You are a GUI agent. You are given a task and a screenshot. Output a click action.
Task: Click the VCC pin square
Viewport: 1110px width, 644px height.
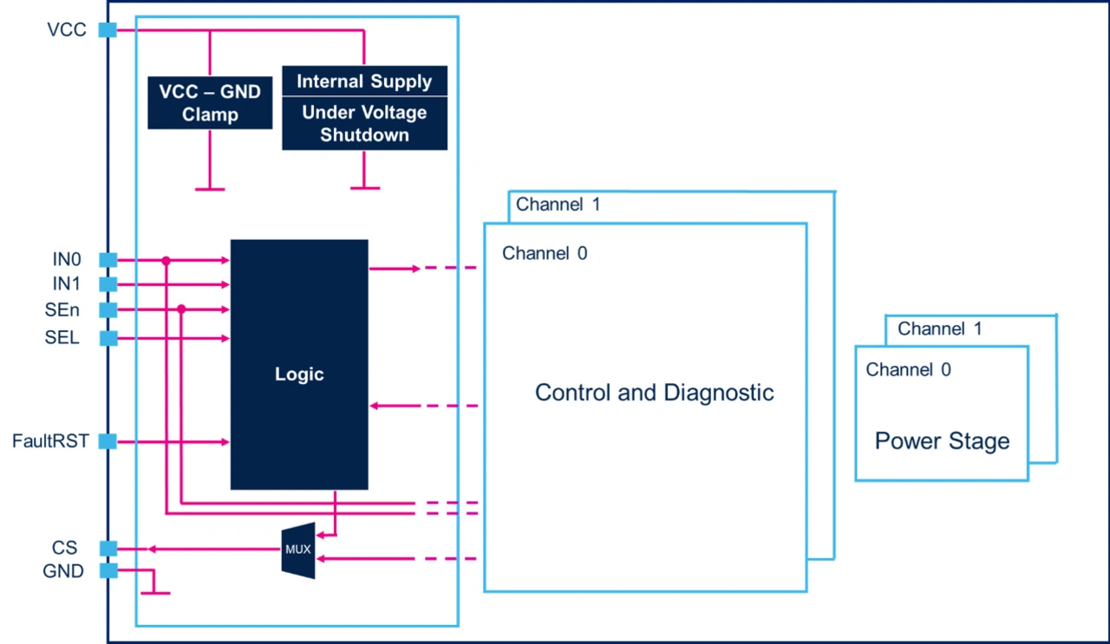pyautogui.click(x=108, y=30)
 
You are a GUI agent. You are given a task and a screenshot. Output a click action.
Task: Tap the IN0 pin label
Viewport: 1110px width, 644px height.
pyautogui.click(x=67, y=259)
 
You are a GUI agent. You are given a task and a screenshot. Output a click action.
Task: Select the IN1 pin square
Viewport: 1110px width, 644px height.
pyautogui.click(x=108, y=284)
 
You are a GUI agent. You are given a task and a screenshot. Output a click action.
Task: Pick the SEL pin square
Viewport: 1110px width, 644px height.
pyautogui.click(x=108, y=338)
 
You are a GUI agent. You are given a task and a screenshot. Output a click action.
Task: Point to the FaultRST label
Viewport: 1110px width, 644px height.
pyautogui.click(x=50, y=441)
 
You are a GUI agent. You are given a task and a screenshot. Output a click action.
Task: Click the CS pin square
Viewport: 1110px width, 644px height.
pyautogui.click(x=108, y=549)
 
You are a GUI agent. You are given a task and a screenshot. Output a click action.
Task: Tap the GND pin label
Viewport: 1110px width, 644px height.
pyautogui.click(x=63, y=572)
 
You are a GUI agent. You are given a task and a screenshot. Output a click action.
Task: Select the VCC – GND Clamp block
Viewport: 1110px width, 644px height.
pyautogui.click(x=210, y=102)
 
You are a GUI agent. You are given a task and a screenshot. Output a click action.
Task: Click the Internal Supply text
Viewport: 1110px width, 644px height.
pyautogui.click(x=364, y=81)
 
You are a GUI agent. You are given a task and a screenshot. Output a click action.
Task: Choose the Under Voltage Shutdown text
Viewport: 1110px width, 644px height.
pyautogui.click(x=364, y=124)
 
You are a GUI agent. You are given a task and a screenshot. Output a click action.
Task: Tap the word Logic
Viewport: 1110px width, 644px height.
pyautogui.click(x=299, y=374)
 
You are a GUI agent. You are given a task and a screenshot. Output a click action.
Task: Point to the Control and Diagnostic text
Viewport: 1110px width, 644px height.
pyautogui.click(x=654, y=393)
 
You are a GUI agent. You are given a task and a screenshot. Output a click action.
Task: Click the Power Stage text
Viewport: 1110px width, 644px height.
pyautogui.click(x=942, y=441)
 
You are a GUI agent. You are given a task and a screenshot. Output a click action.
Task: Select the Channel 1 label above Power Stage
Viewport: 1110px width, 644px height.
pyautogui.click(x=940, y=329)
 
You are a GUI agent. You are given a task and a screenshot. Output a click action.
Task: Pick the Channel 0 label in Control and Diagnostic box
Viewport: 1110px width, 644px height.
pyautogui.click(x=545, y=254)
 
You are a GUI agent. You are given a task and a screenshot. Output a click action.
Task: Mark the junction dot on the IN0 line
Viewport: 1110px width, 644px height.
pyautogui.click(x=166, y=260)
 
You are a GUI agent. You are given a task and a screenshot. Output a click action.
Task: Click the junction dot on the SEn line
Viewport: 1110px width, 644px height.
pyautogui.click(x=181, y=309)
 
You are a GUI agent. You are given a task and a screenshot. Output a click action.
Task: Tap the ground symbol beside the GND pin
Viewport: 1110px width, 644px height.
pyautogui.click(x=154, y=592)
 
